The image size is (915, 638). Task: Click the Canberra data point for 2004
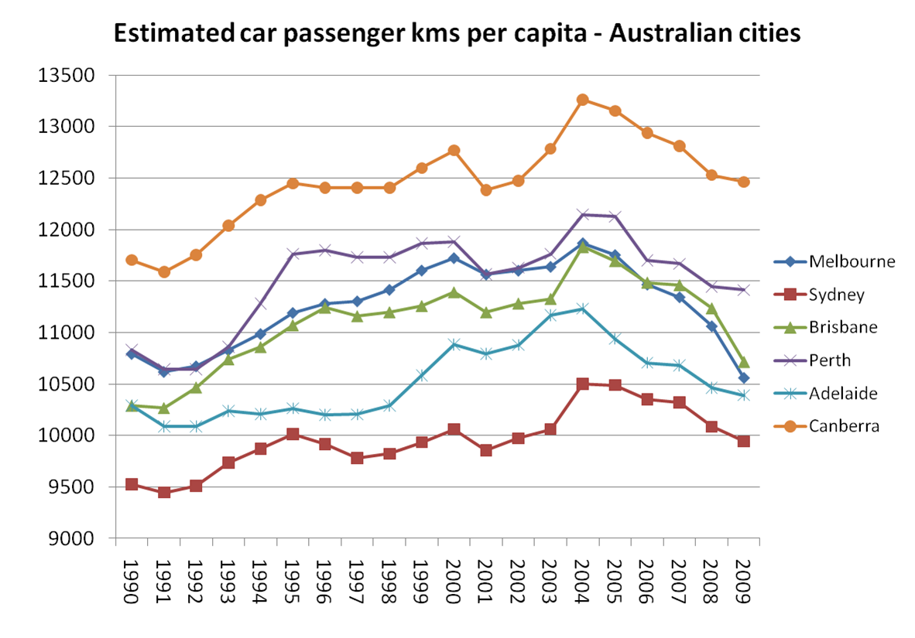point(583,100)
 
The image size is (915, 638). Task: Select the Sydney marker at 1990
point(132,484)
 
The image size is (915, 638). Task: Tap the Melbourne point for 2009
point(743,378)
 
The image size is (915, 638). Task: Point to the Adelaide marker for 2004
point(583,309)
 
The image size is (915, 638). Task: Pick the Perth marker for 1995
point(293,254)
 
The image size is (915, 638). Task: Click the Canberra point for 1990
point(132,260)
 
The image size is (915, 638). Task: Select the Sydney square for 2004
point(583,384)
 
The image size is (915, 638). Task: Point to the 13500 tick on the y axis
point(70,76)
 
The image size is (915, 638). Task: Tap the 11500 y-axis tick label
point(70,281)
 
